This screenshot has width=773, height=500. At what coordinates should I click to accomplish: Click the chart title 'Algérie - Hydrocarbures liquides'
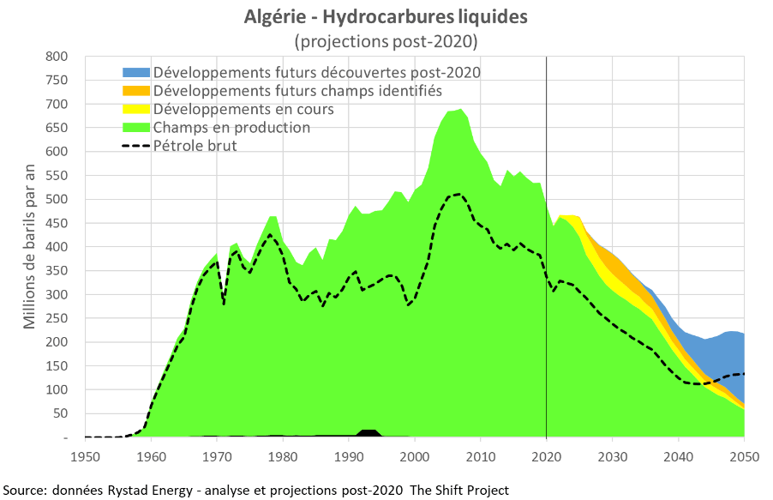386,16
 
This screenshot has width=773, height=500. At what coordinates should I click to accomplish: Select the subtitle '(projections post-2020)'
386,39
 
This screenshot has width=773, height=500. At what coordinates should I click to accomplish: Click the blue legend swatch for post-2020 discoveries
136,72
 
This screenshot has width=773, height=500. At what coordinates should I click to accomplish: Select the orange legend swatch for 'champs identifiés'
136,90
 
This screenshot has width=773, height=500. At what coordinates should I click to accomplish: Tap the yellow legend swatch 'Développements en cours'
136,109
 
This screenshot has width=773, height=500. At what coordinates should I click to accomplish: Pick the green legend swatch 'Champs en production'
136,127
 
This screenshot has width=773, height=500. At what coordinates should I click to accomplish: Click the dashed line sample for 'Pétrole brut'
136,146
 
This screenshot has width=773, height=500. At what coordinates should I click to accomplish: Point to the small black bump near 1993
369,433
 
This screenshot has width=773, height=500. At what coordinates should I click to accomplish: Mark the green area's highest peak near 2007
461,111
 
